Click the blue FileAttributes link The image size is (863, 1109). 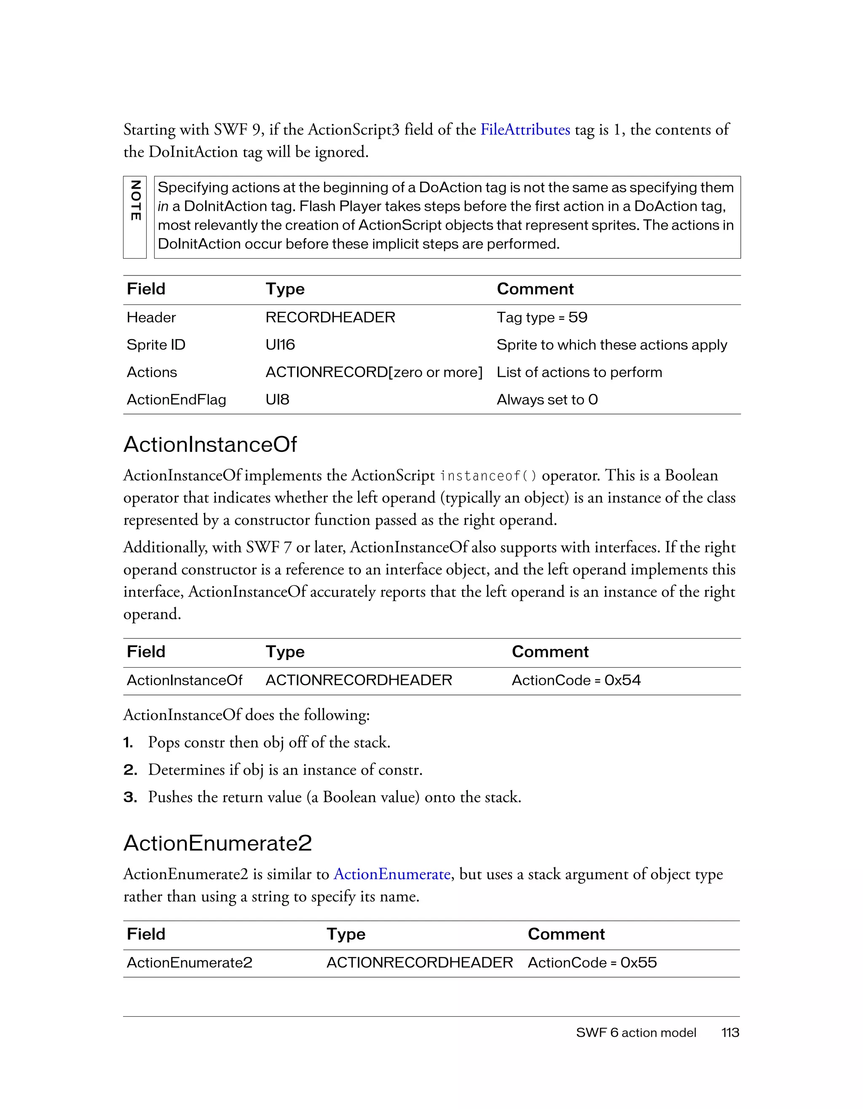tap(525, 130)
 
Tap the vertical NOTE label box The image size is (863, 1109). tap(134, 217)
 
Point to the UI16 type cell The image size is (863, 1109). tap(280, 345)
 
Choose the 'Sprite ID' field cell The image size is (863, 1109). tap(156, 345)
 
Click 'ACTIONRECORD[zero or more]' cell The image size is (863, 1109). tap(374, 372)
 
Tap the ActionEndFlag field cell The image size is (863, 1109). tap(176, 400)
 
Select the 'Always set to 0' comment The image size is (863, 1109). tap(547, 400)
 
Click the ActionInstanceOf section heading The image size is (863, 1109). tap(210, 444)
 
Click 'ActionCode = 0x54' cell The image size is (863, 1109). tap(576, 680)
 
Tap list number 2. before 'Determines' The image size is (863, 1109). tap(130, 770)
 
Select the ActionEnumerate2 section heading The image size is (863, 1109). tap(217, 843)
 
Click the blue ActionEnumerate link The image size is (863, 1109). tap(391, 874)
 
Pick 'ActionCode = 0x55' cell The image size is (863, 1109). tap(592, 963)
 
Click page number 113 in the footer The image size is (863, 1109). tap(730, 1033)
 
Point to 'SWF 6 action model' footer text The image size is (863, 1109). tap(636, 1033)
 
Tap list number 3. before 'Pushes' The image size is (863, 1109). tap(130, 797)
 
